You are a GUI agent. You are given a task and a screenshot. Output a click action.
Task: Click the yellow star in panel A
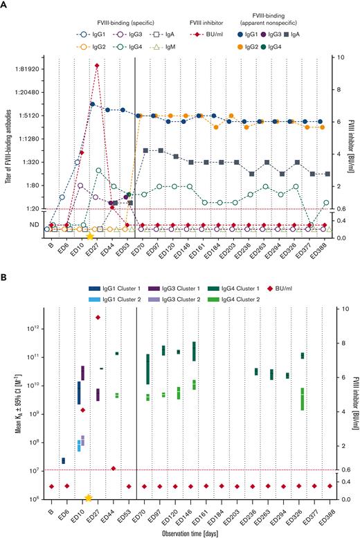[x=90, y=237]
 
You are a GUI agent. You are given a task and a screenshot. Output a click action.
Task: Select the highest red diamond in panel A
[x=98, y=66]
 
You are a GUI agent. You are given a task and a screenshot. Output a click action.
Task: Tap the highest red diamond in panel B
[x=98, y=318]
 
